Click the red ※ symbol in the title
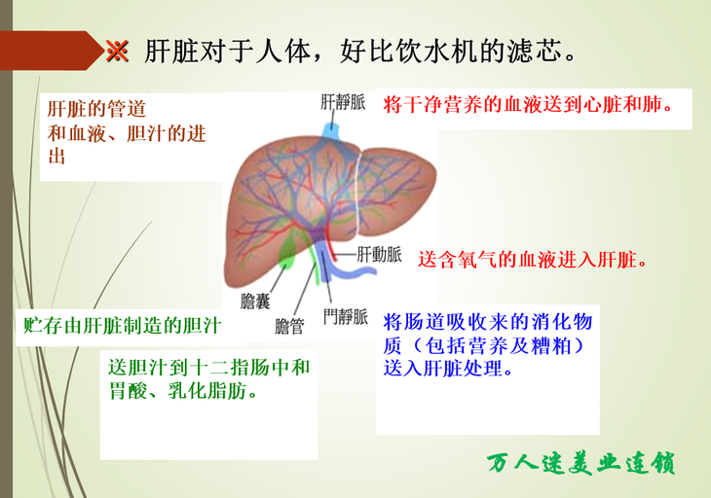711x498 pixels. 117,51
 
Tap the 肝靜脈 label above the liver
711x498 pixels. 343,102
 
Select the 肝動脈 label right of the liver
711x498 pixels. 379,255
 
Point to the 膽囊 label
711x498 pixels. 255,302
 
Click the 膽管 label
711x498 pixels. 289,326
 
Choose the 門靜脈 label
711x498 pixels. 346,316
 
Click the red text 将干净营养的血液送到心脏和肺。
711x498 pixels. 529,105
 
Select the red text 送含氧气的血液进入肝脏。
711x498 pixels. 533,260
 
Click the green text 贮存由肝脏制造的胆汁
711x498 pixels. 123,326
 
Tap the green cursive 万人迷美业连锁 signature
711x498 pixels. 581,463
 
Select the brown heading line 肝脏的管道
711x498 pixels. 96,109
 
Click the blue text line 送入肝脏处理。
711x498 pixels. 448,369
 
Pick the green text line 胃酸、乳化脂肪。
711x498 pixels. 184,391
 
